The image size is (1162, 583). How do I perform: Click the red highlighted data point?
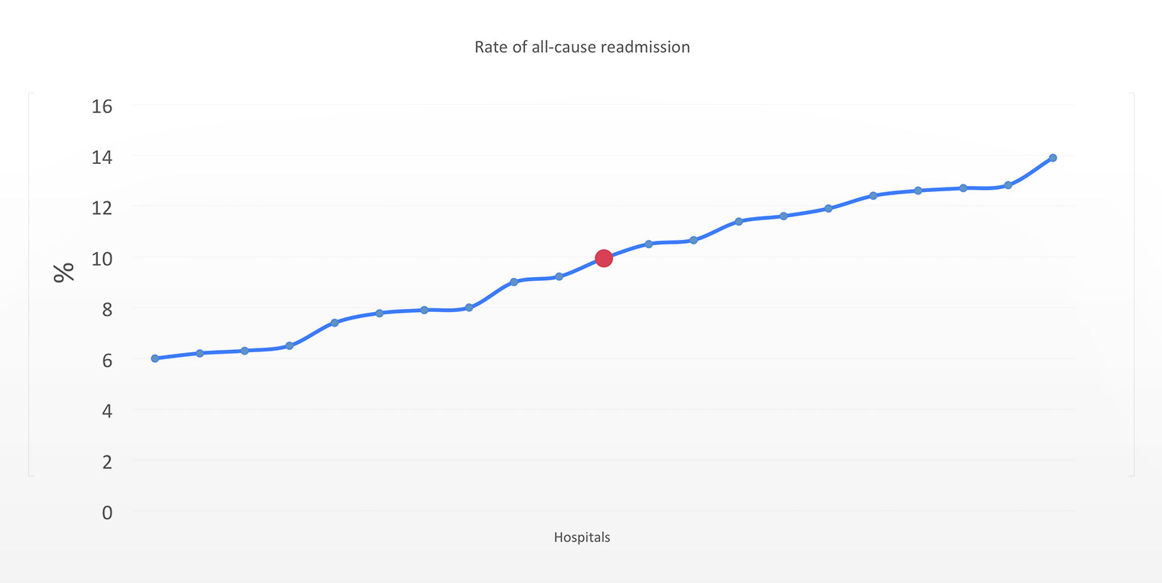tap(604, 258)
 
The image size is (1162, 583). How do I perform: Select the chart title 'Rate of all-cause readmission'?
tap(582, 47)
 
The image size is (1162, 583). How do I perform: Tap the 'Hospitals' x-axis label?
tap(582, 537)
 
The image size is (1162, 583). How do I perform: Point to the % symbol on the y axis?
tap(65, 272)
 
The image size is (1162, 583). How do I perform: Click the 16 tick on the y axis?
tap(102, 106)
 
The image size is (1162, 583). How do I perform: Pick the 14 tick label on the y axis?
tap(102, 157)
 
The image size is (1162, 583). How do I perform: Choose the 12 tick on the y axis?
tap(102, 207)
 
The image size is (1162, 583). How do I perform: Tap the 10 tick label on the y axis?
tap(102, 258)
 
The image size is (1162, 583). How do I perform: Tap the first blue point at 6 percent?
tap(155, 358)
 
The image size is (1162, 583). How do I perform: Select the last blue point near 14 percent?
tap(1053, 158)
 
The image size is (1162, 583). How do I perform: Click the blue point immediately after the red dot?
tap(649, 244)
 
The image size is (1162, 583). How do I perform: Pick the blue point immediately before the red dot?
tap(559, 276)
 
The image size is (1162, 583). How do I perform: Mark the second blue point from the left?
tap(200, 353)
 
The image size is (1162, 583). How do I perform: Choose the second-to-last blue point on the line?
tap(1008, 185)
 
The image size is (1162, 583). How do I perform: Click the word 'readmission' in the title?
tap(645, 47)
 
